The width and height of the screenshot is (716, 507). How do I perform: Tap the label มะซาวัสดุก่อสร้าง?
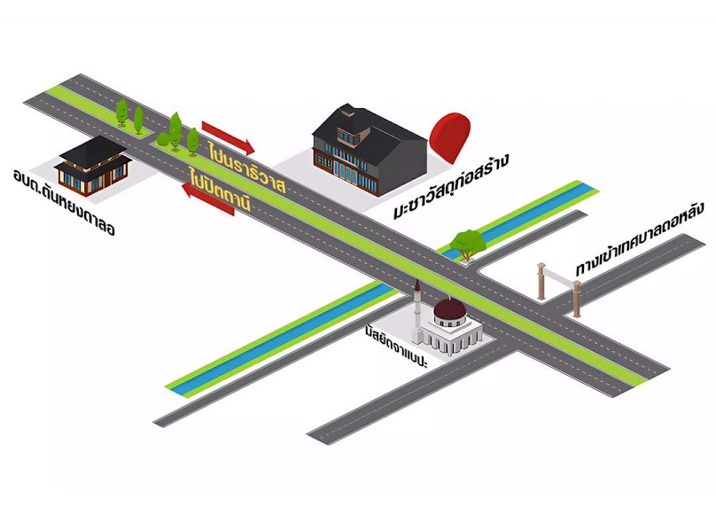click(451, 187)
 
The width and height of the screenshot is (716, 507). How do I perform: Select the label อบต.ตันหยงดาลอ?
click(64, 202)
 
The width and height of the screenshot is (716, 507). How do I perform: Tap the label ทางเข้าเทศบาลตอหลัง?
click(639, 243)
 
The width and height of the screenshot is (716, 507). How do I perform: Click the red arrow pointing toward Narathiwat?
click(228, 137)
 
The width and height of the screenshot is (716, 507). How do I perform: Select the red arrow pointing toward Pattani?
click(207, 199)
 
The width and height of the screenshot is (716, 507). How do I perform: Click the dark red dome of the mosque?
click(450, 309)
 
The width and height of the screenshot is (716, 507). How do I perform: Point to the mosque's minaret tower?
click(416, 310)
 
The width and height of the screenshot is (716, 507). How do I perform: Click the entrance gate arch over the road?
click(559, 289)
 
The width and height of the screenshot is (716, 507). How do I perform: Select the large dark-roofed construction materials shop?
click(369, 149)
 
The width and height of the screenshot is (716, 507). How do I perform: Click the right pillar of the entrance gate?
click(577, 299)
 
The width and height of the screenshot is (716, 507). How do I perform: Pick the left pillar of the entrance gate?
click(541, 281)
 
